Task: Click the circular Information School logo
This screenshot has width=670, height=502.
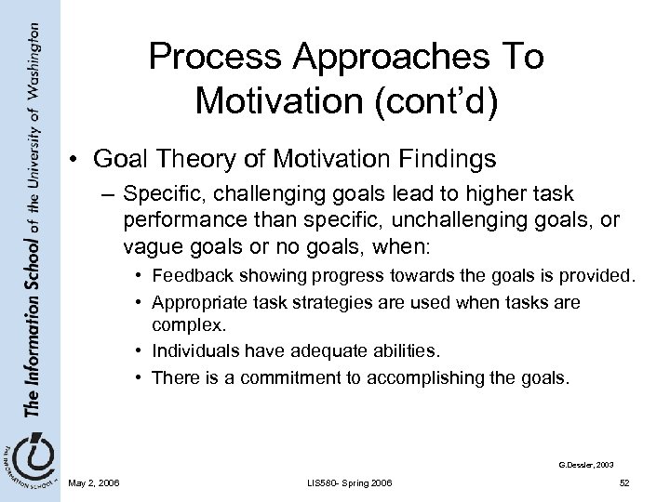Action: [27, 461]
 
